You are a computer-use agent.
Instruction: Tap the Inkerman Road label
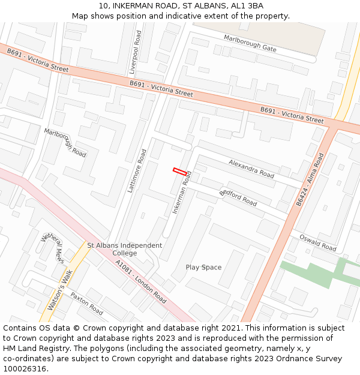coord(182,192)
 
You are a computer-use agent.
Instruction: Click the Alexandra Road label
coord(251,169)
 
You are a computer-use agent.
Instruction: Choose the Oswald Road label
coord(317,243)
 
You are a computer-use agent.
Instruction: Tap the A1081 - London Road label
coord(141,281)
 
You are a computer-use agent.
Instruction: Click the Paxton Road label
coord(86,304)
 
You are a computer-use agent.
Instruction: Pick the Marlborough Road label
coord(65,142)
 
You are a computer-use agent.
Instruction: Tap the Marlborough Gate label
coord(250,43)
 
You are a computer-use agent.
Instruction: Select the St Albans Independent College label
coord(125,249)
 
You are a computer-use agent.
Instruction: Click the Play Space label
coord(203,268)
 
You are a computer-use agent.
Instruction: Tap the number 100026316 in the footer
coord(24,368)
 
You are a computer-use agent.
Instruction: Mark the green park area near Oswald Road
coord(312,273)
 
